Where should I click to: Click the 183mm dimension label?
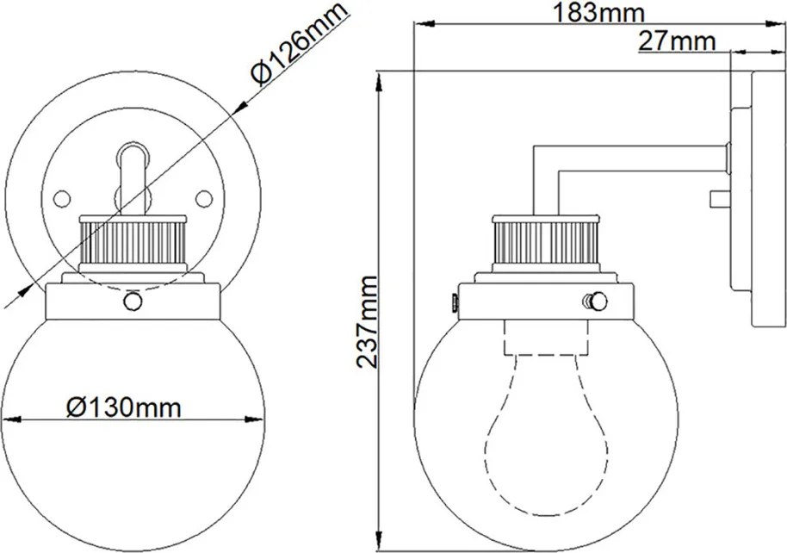click(x=598, y=13)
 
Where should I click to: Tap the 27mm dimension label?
click(x=677, y=41)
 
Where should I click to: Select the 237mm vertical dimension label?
click(x=366, y=321)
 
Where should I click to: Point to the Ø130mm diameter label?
click(x=123, y=407)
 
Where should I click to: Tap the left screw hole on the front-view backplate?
click(x=62, y=199)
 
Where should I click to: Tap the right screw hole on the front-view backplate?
click(x=204, y=199)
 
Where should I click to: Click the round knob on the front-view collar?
click(x=133, y=301)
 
